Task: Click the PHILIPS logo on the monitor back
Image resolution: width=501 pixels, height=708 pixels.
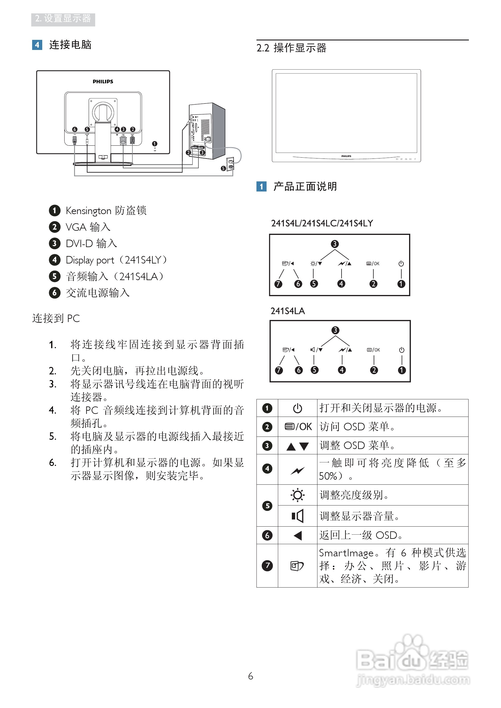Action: pos(103,81)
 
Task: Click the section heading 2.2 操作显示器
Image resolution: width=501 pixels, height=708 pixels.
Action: pos(291,48)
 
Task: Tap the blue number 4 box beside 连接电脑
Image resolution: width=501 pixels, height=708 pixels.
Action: pos(37,45)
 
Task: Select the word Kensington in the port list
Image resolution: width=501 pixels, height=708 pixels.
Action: pos(88,211)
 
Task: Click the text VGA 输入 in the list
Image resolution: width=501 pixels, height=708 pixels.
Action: pos(88,227)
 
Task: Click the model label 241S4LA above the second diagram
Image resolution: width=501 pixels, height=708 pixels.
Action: pos(287,311)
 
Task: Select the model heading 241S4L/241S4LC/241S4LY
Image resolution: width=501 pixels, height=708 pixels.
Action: pos(322,223)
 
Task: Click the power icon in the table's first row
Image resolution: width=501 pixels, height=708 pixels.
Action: pos(298,408)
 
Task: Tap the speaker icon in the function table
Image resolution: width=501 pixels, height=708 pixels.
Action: pos(298,516)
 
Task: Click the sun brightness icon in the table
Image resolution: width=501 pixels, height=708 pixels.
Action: pos(298,495)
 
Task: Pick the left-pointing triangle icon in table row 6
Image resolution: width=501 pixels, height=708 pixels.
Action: pos(298,535)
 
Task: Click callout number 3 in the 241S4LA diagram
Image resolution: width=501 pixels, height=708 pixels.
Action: pos(335,330)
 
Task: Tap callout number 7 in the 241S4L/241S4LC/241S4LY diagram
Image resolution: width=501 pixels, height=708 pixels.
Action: pos(278,284)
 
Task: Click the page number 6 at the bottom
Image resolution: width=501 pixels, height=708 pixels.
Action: pos(250,676)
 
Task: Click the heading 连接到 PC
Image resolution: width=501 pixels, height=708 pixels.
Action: pos(56,318)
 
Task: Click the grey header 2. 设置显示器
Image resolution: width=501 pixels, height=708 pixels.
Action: pos(63,19)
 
